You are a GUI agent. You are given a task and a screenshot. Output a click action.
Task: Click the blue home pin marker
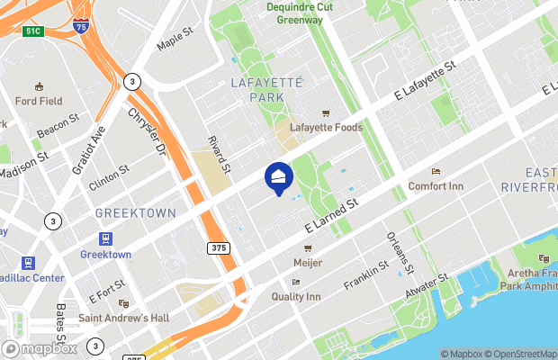click(x=278, y=178)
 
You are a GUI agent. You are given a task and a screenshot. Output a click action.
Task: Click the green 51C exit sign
click(x=34, y=31)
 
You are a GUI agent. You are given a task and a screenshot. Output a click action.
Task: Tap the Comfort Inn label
click(x=436, y=185)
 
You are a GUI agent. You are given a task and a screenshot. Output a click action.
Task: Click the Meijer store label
click(x=308, y=262)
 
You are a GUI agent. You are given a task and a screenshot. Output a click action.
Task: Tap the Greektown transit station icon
click(x=106, y=239)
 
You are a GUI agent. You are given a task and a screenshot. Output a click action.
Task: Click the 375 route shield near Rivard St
click(x=217, y=247)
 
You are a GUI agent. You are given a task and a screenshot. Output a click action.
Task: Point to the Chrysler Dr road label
click(x=148, y=131)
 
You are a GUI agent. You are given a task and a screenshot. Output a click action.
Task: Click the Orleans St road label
click(x=400, y=253)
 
